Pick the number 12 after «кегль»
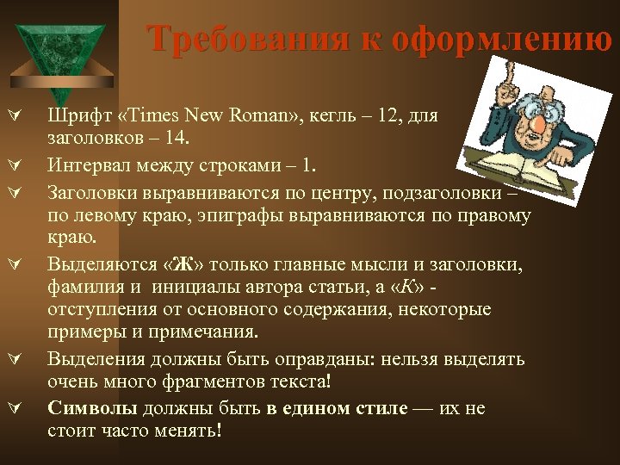coord(412,116)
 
